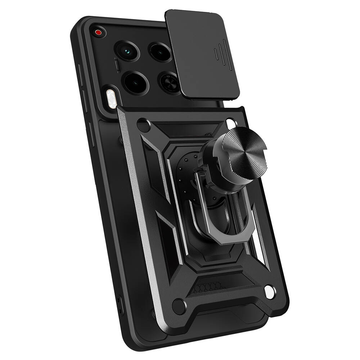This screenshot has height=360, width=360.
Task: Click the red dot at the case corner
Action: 98,32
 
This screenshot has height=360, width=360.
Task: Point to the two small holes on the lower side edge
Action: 119,303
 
